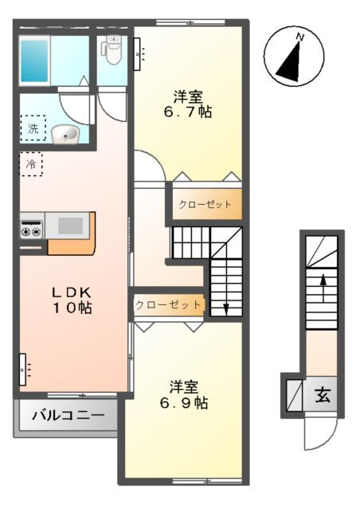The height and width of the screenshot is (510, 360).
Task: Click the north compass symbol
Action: click(x=292, y=57)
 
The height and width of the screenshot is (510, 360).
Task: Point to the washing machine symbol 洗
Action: click(x=33, y=127)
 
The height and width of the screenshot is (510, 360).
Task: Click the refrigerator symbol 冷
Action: click(x=31, y=165)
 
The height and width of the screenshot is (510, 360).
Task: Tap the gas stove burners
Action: click(x=31, y=227)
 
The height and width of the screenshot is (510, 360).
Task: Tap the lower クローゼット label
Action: click(x=167, y=304)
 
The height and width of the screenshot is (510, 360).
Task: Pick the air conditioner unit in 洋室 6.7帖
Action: click(x=138, y=53)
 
